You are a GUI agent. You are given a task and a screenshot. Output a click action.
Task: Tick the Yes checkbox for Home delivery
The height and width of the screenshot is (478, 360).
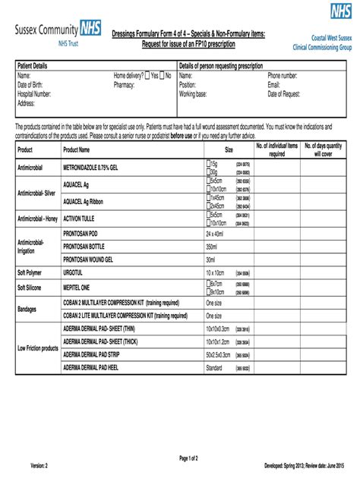click(147, 77)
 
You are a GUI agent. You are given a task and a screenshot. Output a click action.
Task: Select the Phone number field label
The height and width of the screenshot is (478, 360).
click(283, 77)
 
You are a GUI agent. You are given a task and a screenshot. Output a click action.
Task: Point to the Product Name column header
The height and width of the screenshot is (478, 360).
click(77, 150)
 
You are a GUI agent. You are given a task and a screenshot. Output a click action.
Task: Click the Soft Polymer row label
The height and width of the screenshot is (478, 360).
click(32, 272)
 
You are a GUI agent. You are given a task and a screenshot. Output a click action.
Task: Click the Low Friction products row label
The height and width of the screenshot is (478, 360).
click(38, 347)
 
